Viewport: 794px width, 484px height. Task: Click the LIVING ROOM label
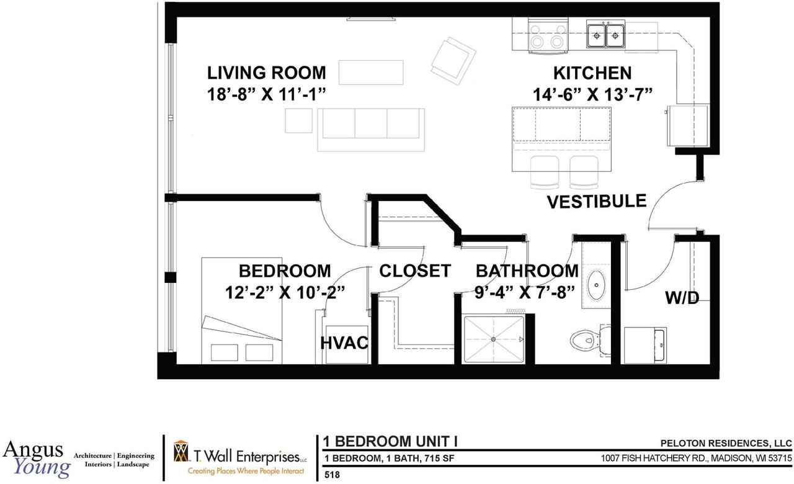(266, 73)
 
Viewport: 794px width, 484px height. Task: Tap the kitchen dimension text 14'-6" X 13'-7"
(595, 94)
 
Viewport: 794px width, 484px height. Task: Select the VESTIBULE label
(596, 201)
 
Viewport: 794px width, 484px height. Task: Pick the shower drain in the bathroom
(493, 339)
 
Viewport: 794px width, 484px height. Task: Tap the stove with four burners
(548, 35)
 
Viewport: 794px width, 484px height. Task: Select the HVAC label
(345, 343)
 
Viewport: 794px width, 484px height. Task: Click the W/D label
(682, 298)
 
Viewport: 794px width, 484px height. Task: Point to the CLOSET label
(414, 271)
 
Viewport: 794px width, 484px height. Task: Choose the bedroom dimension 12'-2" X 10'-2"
(285, 292)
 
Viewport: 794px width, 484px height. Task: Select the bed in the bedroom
(241, 310)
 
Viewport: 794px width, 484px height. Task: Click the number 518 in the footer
(333, 475)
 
